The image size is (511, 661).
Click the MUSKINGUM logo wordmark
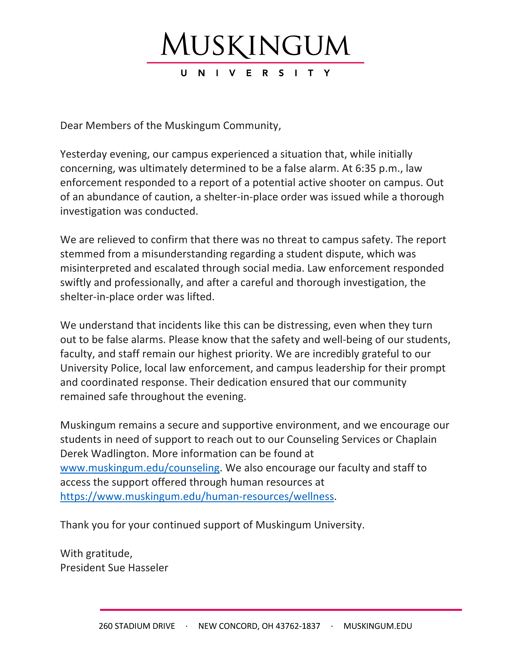tap(255, 45)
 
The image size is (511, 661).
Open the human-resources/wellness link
tap(197, 496)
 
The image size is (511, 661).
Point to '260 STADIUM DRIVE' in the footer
tap(137, 626)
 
